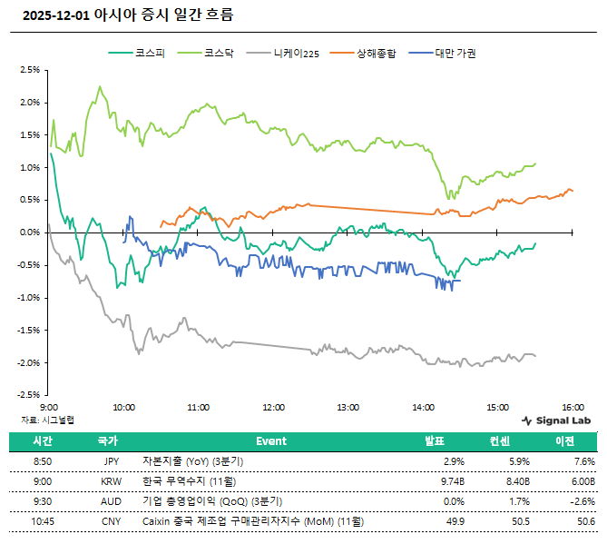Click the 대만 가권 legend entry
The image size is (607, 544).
pyautogui.click(x=455, y=53)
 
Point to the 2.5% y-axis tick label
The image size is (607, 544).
pyautogui.click(x=30, y=70)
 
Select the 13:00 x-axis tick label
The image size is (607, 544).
pyautogui.click(x=348, y=407)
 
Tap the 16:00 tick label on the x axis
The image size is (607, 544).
pyautogui.click(x=572, y=407)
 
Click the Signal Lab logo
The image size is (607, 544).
pyautogui.click(x=557, y=420)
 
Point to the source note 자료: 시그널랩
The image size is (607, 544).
pyautogui.click(x=48, y=420)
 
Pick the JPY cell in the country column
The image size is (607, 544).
pyautogui.click(x=112, y=461)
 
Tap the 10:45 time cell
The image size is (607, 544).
pyautogui.click(x=44, y=521)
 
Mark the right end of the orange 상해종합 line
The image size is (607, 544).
pyautogui.click(x=573, y=191)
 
